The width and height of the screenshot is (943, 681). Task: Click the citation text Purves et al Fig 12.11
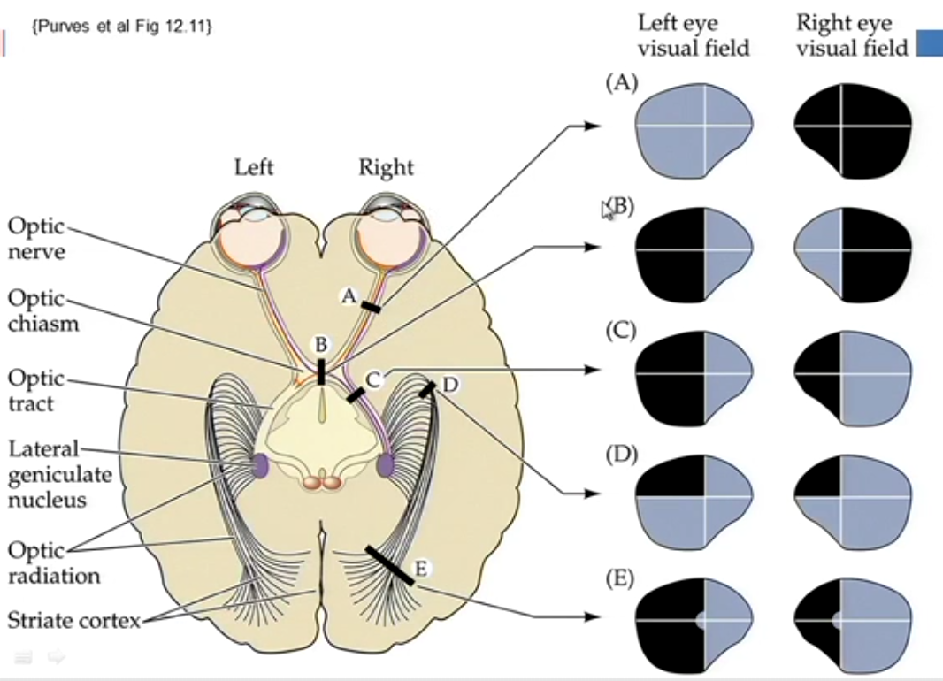tap(121, 27)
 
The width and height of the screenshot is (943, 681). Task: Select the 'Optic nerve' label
tap(36, 238)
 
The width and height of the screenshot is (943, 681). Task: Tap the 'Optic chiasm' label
tap(43, 310)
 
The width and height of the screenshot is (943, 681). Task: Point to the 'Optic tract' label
tap(36, 391)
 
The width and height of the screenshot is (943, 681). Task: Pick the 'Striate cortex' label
tap(73, 620)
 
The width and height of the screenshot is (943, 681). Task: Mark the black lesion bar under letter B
tap(321, 371)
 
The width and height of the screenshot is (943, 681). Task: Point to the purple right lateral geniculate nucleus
tap(386, 465)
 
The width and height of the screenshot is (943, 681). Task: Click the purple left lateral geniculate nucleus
tap(261, 465)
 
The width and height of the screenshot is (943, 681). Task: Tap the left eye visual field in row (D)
tap(694, 498)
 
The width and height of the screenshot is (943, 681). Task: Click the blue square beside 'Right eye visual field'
tap(929, 44)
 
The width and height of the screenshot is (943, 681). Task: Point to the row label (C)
tap(621, 331)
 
